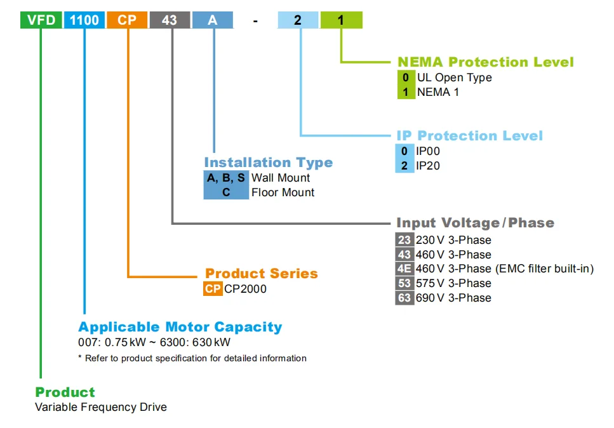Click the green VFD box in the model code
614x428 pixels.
41,20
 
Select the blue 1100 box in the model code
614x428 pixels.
84,20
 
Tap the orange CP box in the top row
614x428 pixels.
127,20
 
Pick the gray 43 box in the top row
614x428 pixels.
170,20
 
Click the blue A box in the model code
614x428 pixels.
213,20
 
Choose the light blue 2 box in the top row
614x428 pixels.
298,20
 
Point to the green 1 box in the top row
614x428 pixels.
341,20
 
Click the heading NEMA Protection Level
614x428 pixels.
485,62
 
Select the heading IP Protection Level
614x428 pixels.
469,136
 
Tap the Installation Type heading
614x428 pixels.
268,163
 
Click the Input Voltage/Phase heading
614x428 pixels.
475,223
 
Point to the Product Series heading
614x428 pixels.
261,274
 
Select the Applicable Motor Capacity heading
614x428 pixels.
180,327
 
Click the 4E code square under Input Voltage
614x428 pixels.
404,269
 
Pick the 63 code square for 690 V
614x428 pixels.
404,297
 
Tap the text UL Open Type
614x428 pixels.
454,77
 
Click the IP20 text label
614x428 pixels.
428,166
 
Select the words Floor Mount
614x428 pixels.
283,192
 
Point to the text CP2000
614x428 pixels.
245,289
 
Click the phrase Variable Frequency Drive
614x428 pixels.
101,407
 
